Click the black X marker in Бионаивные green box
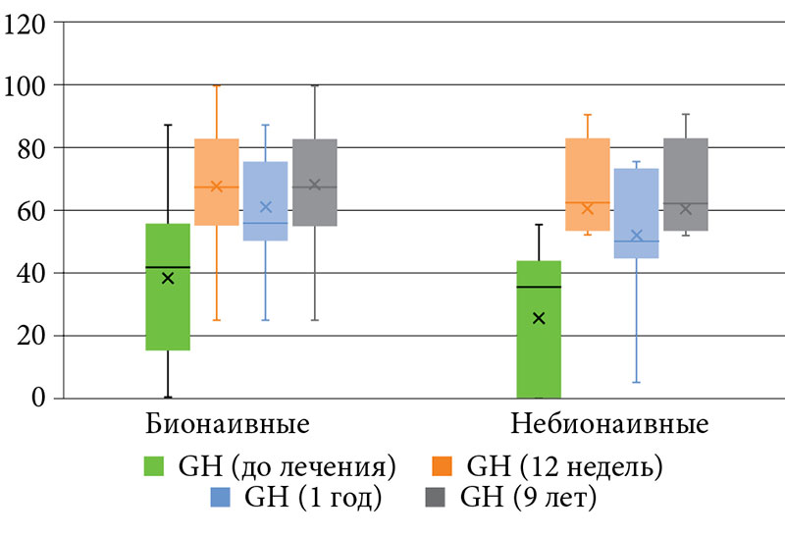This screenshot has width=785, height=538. [168, 278]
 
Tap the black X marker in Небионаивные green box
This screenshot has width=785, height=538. [539, 318]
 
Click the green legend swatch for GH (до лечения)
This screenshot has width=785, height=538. [156, 464]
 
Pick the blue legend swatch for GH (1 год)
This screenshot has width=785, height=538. [221, 497]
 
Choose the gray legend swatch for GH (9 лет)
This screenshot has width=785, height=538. [437, 497]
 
